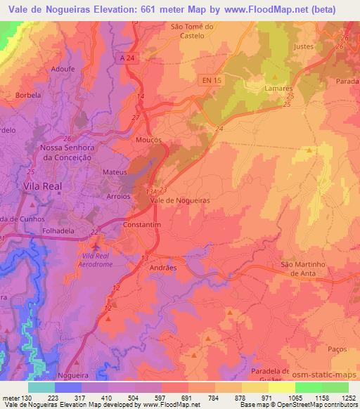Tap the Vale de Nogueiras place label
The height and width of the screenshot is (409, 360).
[x=181, y=200]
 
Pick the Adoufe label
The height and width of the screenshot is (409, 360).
[x=62, y=70]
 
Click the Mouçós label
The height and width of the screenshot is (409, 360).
[x=148, y=140]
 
